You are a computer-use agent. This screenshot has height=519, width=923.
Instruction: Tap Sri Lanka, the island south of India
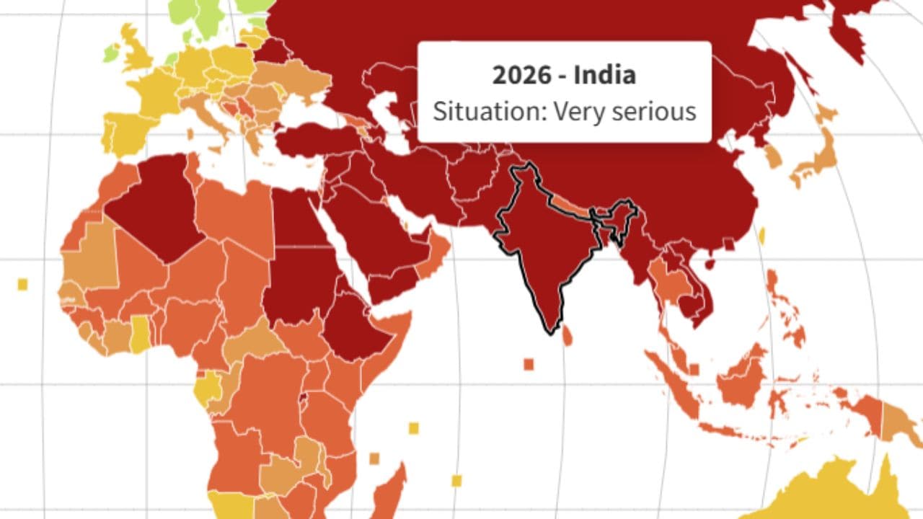(x=568, y=334)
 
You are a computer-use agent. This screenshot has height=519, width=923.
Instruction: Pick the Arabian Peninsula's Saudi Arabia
(x=361, y=231)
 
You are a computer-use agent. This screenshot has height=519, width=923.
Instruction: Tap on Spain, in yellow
(x=130, y=133)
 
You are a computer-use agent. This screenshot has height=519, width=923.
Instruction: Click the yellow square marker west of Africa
(x=22, y=284)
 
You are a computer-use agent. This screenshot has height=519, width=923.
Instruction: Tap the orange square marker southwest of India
(x=529, y=364)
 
